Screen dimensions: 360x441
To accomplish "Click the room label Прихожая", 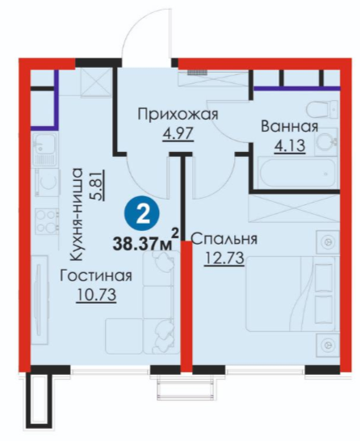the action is click(x=178, y=115).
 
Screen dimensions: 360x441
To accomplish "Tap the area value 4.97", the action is click(x=178, y=133).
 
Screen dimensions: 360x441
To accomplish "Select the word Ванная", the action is click(x=290, y=127).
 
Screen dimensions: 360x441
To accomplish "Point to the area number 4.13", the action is click(x=290, y=145).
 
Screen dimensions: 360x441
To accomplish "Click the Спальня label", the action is click(x=224, y=240).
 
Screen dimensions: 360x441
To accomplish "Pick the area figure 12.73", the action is click(x=224, y=258).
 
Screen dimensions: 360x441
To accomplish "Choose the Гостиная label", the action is click(x=96, y=276).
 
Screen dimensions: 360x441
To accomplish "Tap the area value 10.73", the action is click(x=96, y=295).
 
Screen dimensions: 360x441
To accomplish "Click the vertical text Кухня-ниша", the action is click(x=76, y=214).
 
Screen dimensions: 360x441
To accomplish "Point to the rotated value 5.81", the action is click(x=96, y=184).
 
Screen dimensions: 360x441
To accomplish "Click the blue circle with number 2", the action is click(x=142, y=214).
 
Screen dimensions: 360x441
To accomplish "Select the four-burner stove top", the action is click(x=47, y=221).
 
